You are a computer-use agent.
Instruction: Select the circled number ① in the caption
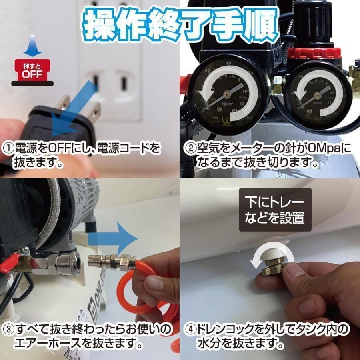pyautogui.click(x=8, y=149)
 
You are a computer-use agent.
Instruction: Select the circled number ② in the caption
pyautogui.click(x=189, y=149)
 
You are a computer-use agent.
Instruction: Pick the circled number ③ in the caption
pyautogui.click(x=8, y=330)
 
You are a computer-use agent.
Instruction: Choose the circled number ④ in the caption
pyautogui.click(x=189, y=330)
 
